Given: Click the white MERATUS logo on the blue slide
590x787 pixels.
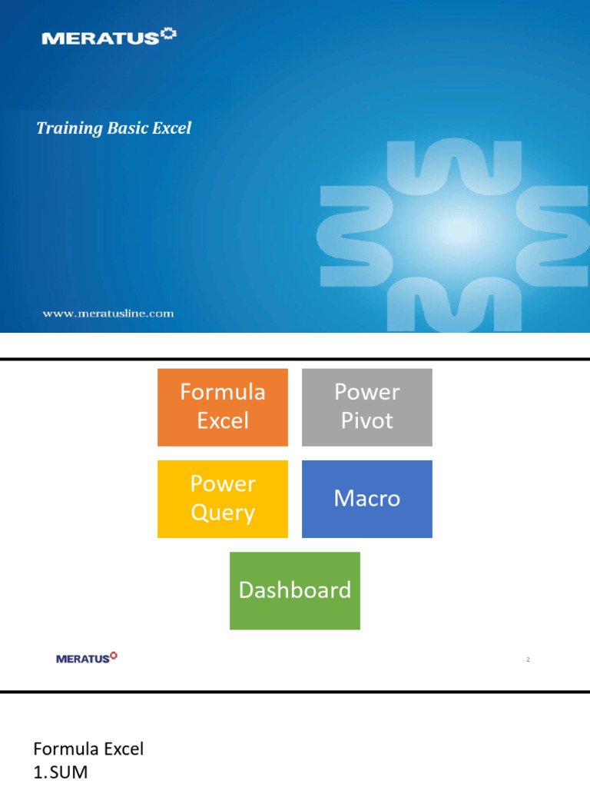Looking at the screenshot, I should tap(108, 37).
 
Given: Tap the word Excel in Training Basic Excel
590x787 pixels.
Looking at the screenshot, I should tap(171, 128).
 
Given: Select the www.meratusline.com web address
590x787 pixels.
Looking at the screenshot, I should tap(108, 313).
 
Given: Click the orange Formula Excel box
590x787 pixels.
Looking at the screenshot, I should tap(223, 407).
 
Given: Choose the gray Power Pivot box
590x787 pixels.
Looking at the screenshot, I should tap(367, 407).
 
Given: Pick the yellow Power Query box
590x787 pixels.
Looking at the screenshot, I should tap(223, 499).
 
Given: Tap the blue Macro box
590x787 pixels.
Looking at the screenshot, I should tap(367, 499).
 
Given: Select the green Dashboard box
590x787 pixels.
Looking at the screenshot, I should tap(295, 590).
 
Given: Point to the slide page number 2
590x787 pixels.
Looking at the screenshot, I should tap(529, 659).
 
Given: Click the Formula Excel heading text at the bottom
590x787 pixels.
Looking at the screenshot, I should tap(88, 749).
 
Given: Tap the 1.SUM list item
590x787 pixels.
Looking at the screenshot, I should tap(61, 772).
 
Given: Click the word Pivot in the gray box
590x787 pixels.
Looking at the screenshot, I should tap(367, 421).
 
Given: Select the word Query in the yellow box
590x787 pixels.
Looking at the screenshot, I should tap(223, 513).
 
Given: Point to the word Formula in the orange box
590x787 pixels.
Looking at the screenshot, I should tap(223, 393).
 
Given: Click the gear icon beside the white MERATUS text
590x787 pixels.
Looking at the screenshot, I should tap(169, 35).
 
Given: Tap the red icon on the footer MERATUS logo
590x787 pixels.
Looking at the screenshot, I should tap(114, 656).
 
